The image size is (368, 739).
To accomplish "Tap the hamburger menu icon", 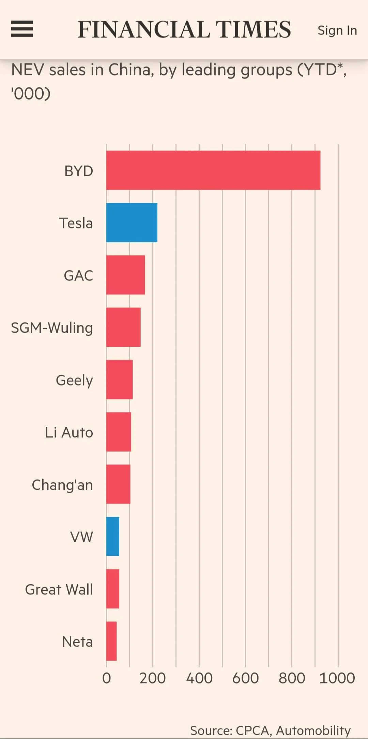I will point(22,29).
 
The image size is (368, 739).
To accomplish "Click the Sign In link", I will point(337,30).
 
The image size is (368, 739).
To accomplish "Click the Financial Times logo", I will point(184,29).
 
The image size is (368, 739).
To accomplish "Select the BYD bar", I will point(213,170).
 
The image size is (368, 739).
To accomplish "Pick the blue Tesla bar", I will point(132,223).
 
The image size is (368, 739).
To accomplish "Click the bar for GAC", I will point(125,275).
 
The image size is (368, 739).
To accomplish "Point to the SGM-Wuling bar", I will point(123,327).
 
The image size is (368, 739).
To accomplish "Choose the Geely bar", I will point(119,379).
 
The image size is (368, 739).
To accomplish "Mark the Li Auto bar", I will point(119,432).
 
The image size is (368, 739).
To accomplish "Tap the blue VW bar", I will point(113,537).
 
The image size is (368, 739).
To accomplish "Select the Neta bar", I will point(111,641).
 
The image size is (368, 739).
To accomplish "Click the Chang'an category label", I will point(62,485).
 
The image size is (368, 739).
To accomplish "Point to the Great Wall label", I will point(59,589).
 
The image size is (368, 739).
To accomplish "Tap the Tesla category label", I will point(76,223).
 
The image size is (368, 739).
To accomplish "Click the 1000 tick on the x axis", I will point(337,678).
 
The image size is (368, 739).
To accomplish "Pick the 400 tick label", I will point(199,678).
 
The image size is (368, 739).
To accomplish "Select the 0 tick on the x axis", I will point(106,678).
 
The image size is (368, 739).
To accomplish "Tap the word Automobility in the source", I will point(313,730).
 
